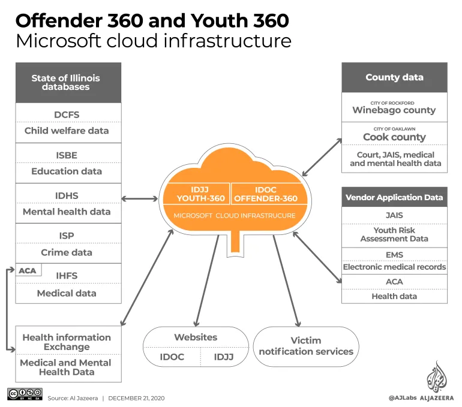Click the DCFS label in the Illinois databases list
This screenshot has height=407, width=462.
(x=67, y=114)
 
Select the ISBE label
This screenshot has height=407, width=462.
(x=67, y=155)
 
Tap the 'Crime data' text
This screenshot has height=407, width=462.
(x=67, y=252)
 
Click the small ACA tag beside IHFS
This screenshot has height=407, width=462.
(x=28, y=270)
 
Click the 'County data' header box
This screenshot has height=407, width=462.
(x=394, y=77)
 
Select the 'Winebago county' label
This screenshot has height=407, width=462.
(x=394, y=110)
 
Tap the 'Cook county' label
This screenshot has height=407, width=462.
(x=394, y=137)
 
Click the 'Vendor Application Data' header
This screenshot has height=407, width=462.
(x=394, y=197)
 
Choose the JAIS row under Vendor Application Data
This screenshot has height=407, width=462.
(x=394, y=215)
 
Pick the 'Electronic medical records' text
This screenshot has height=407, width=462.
(x=394, y=267)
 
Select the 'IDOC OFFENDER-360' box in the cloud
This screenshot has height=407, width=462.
(x=266, y=194)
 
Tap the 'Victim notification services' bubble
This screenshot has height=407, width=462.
(x=306, y=346)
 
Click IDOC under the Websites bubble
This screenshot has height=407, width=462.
(x=172, y=357)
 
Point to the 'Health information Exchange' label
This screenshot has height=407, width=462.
(x=67, y=342)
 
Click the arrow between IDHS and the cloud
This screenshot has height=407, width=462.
(x=140, y=199)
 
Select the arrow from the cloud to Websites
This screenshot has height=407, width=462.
(x=207, y=281)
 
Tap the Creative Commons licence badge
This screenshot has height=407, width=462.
(x=25, y=394)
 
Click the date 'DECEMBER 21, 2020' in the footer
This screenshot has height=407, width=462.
(x=136, y=398)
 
